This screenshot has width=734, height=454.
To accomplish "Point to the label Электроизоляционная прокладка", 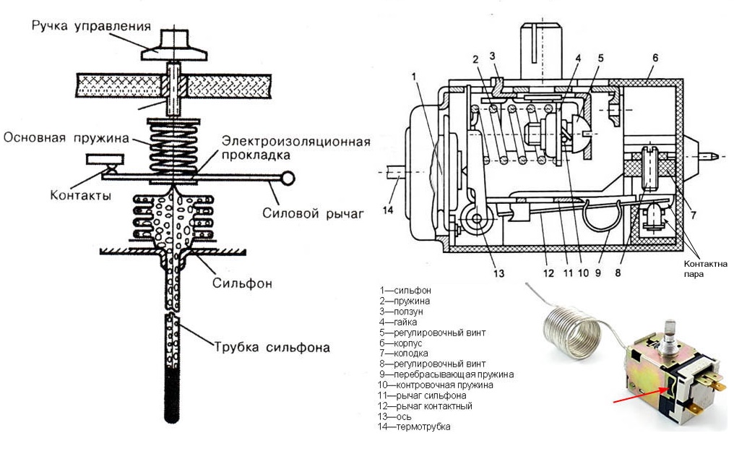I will pyautogui.click(x=296, y=147).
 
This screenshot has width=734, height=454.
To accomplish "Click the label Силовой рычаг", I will pyautogui.click(x=311, y=213).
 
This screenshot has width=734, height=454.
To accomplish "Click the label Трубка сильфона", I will pyautogui.click(x=271, y=347).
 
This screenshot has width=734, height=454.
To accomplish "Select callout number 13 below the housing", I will pyautogui.click(x=479, y=273).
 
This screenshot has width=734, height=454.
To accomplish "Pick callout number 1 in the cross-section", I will pyautogui.click(x=414, y=75).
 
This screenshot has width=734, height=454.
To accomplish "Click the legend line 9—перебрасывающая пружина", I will pyautogui.click(x=445, y=374).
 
